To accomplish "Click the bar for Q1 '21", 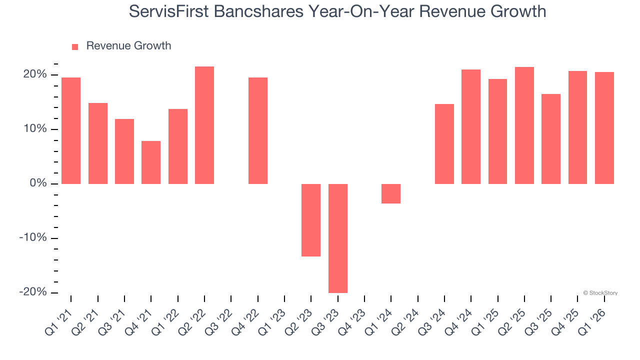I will [71, 130].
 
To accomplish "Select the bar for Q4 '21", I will [151, 162].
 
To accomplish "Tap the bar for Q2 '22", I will [204, 125].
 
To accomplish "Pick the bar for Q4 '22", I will [258, 130].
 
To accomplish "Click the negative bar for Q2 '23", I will [311, 220].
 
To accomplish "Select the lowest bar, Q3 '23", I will [338, 238].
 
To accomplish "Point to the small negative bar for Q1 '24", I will [391, 193].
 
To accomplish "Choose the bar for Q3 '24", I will [444, 144].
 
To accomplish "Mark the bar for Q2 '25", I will [524, 125].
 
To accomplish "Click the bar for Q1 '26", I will [604, 128].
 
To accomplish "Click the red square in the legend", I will [75, 46].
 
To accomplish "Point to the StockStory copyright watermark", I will [600, 293].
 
